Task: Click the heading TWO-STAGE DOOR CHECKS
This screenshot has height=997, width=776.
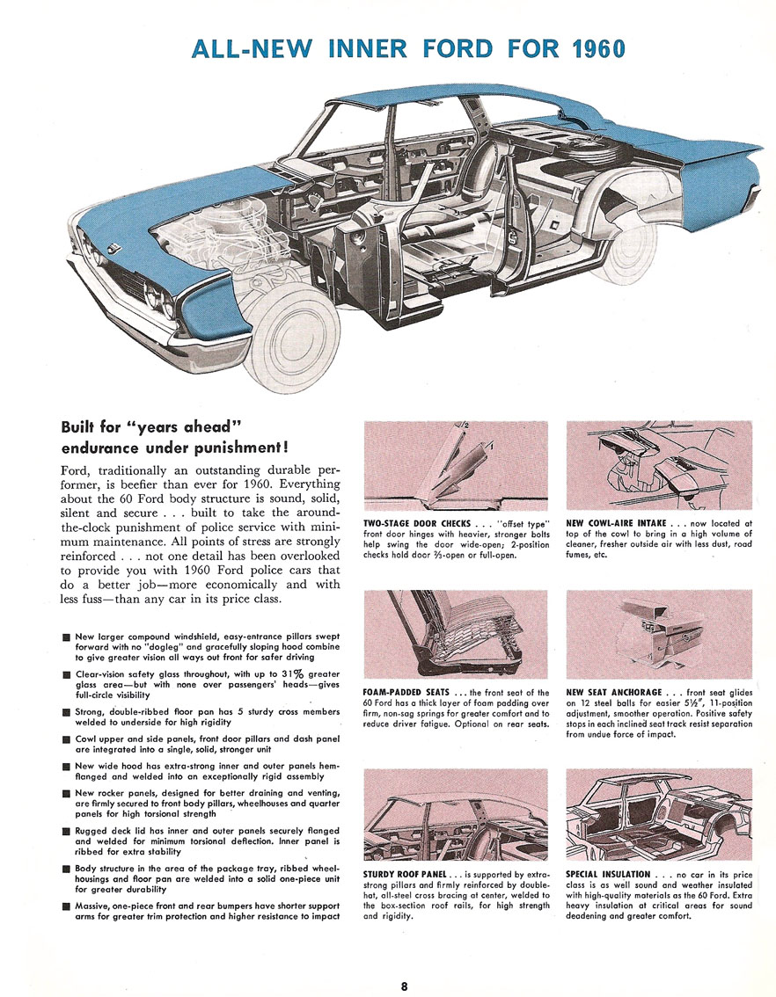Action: pyautogui.click(x=416, y=524)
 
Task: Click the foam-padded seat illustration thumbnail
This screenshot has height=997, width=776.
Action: pyautogui.click(x=455, y=637)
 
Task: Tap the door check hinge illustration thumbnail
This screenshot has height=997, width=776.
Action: pyautogui.click(x=455, y=466)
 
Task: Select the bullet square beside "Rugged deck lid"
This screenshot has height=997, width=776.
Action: pyautogui.click(x=66, y=832)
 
